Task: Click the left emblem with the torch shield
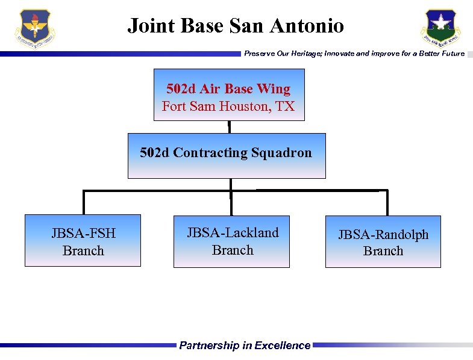(x=36, y=28)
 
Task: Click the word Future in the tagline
(x=451, y=54)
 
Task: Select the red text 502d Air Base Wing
(x=228, y=89)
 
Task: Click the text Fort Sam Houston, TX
(x=228, y=107)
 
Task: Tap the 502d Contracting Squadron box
(x=227, y=155)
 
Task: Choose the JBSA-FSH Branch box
(x=83, y=240)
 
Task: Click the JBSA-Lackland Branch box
(x=231, y=241)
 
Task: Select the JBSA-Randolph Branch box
(x=383, y=241)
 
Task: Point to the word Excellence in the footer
(x=282, y=346)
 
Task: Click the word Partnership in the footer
(x=208, y=346)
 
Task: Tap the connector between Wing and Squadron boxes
(x=229, y=126)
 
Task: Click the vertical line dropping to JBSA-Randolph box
(x=387, y=202)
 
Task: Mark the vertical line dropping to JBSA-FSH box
(x=84, y=202)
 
